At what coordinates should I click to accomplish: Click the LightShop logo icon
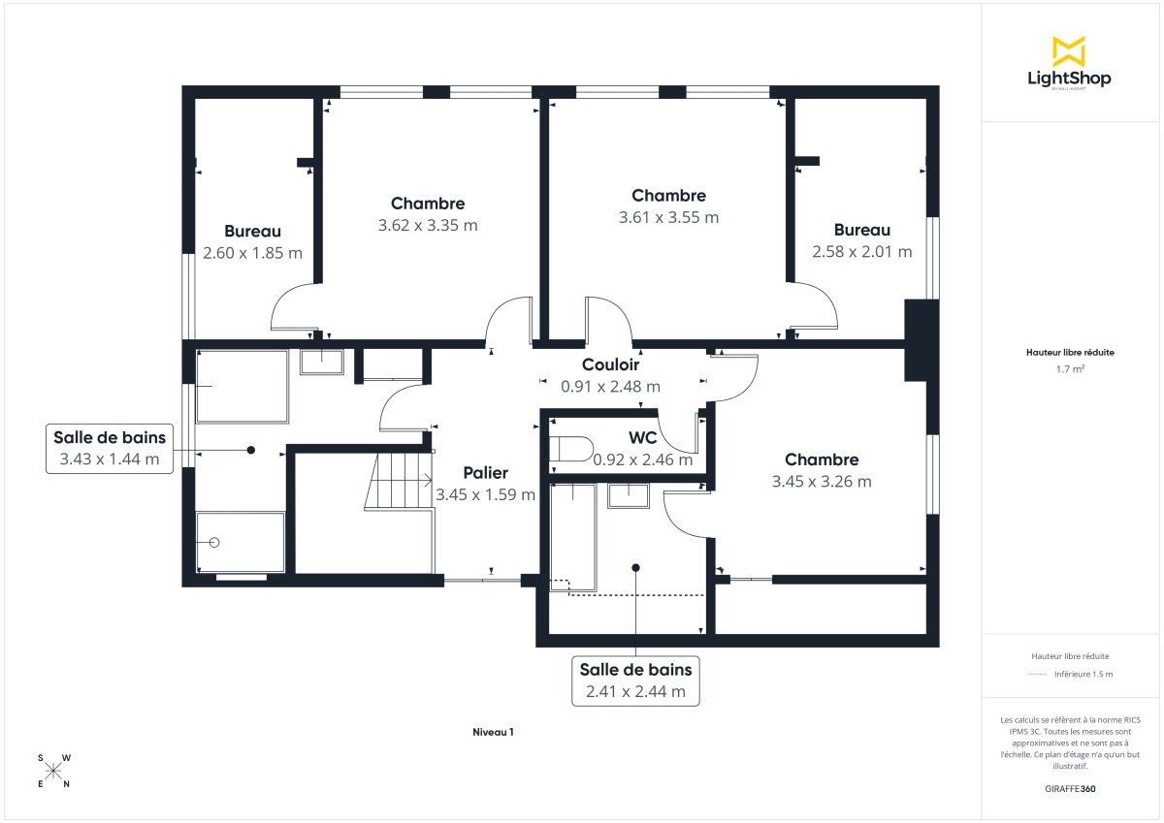(x=1069, y=51)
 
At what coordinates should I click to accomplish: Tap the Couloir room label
(x=610, y=365)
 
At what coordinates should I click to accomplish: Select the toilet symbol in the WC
(x=570, y=450)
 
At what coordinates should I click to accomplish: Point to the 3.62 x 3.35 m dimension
(x=428, y=225)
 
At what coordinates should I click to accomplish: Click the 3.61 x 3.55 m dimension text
(x=668, y=217)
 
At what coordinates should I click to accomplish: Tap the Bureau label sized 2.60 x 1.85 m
(x=252, y=232)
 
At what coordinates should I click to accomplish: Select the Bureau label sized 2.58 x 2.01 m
(x=861, y=230)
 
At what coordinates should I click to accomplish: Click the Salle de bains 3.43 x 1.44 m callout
(x=110, y=449)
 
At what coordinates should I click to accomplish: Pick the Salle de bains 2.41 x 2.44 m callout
(x=635, y=681)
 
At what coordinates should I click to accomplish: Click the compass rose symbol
(x=53, y=772)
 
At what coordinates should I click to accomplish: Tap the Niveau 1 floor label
(x=493, y=733)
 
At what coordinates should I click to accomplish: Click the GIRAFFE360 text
(x=1070, y=789)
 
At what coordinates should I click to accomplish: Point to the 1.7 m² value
(x=1070, y=369)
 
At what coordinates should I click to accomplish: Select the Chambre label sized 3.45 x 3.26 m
(x=822, y=459)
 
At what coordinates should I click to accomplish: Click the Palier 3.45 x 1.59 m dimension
(x=485, y=494)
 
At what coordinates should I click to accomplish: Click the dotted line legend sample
(x=1037, y=674)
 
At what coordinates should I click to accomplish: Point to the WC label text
(x=642, y=438)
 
